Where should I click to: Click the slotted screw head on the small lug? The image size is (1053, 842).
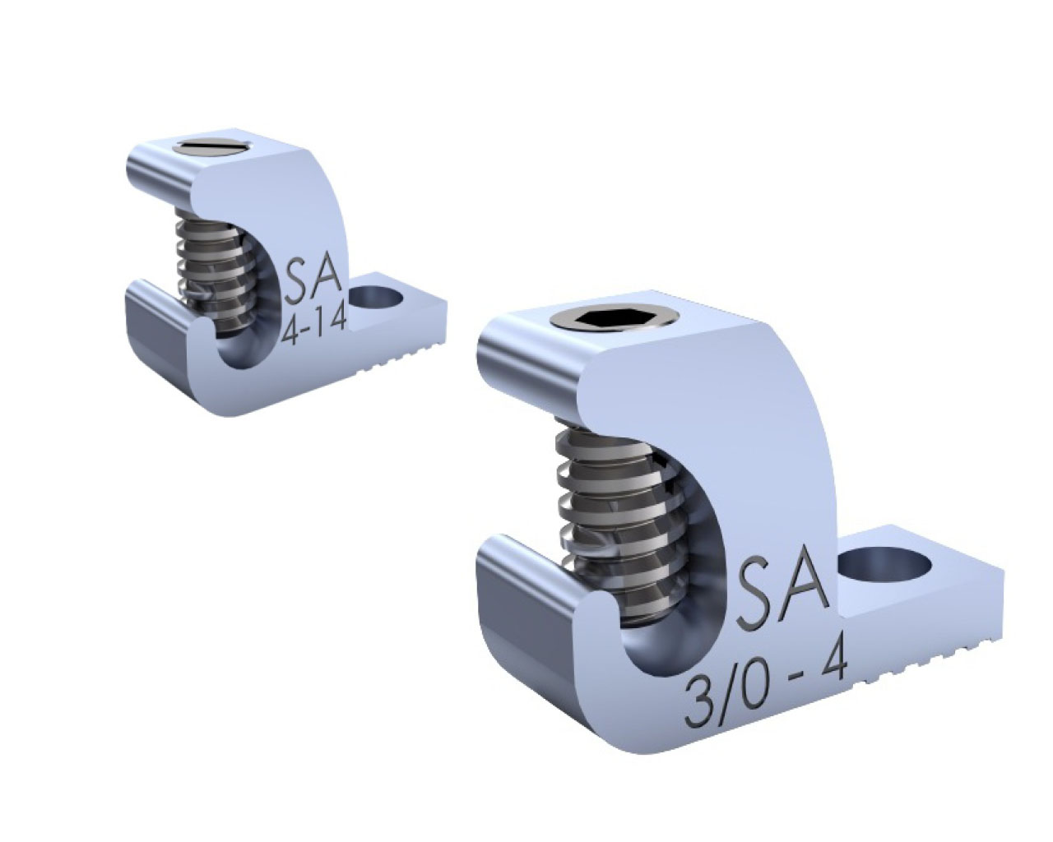pos(215,146)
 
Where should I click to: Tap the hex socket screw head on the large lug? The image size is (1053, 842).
pos(615,320)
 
